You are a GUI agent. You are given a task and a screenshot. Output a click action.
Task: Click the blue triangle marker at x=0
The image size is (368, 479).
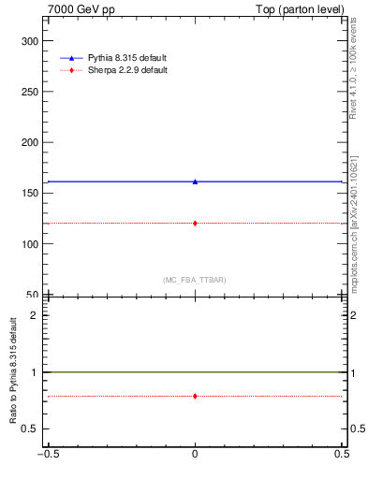(x=195, y=181)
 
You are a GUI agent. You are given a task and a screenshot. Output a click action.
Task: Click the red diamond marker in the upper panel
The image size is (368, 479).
(x=195, y=223)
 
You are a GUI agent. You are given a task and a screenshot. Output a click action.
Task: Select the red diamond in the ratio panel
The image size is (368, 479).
(x=195, y=396)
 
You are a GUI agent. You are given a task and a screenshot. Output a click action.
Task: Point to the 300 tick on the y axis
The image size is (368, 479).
(x=31, y=41)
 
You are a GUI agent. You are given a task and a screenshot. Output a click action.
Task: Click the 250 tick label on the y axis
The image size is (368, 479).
(x=31, y=92)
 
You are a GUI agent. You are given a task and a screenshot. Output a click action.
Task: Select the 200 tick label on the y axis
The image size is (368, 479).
(x=31, y=142)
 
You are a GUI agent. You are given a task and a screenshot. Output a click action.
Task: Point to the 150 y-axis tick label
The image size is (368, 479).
(x=31, y=193)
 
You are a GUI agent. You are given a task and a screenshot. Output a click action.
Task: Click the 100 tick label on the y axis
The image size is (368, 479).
(x=31, y=243)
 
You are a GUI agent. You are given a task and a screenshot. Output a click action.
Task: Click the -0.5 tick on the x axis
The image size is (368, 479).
(x=47, y=455)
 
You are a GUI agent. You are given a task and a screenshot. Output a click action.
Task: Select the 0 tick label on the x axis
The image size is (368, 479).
(x=195, y=455)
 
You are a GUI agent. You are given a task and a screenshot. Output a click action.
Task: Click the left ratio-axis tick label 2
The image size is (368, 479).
(x=37, y=314)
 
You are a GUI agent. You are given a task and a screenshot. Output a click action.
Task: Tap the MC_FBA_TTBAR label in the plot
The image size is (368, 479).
(x=195, y=280)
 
